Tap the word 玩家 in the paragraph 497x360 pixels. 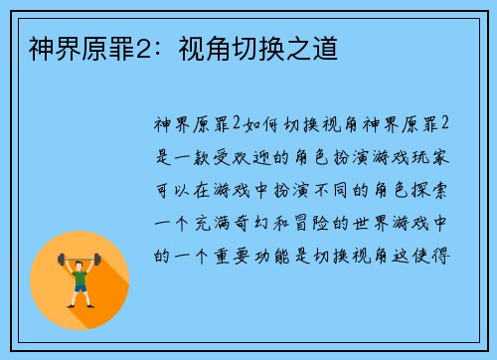(438, 156)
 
